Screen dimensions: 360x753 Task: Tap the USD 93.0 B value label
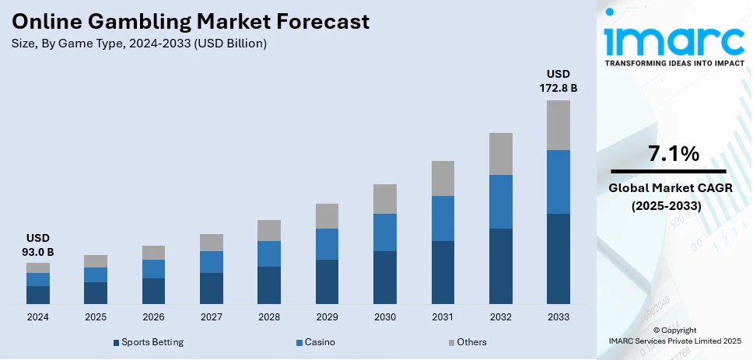coord(37,245)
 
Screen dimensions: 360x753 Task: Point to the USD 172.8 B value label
coord(559,81)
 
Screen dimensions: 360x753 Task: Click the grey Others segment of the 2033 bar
coord(559,124)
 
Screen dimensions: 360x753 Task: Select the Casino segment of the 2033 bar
coord(559,181)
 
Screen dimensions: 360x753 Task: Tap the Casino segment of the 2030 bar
coord(384,232)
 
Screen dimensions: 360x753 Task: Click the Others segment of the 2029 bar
coord(327,215)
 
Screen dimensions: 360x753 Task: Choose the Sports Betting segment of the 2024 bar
coord(37,294)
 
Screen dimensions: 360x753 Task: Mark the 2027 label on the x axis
coord(211,317)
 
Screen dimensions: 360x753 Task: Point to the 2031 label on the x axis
coord(443,317)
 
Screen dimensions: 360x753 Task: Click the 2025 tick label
coord(95,317)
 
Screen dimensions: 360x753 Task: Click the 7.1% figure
coord(674,154)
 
